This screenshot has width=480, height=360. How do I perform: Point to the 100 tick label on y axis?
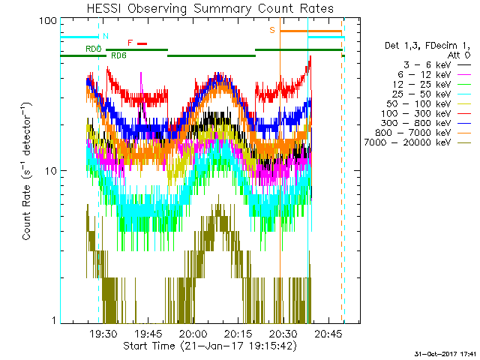coord(48,20)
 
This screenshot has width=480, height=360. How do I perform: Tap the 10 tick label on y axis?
coord(51,171)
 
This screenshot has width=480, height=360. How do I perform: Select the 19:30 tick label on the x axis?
coord(103,334)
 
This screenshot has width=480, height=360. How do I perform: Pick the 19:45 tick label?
coord(148,334)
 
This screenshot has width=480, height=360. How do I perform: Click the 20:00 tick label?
coord(193,334)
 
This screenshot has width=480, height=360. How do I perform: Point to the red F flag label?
coord(130,43)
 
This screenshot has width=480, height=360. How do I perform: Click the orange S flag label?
coord(272,30)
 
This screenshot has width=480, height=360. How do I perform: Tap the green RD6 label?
coord(118,55)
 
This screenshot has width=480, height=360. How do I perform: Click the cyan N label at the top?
coord(105,35)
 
